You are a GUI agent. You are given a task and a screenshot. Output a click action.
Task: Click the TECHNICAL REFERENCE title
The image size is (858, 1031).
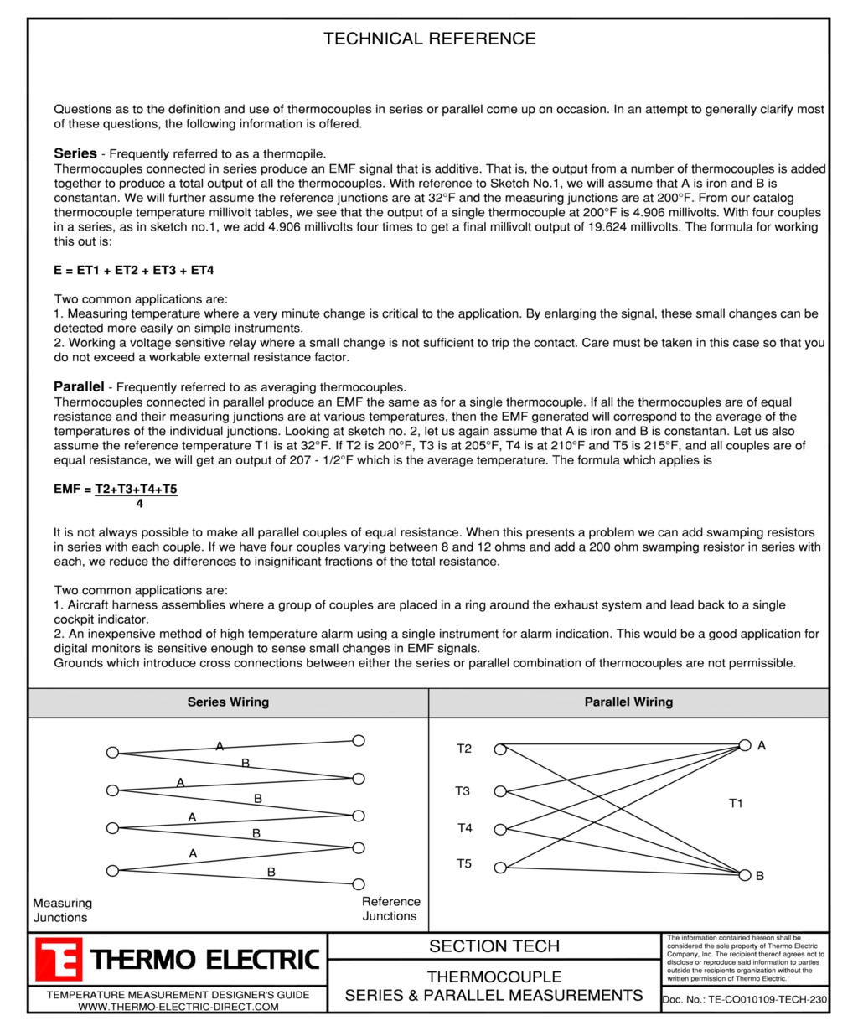(x=429, y=39)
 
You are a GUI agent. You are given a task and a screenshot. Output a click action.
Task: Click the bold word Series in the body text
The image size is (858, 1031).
(x=75, y=153)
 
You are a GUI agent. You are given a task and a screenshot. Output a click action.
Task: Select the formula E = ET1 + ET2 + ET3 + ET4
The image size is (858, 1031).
(x=134, y=270)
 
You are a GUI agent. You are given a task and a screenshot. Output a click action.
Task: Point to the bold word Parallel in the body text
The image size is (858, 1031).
(x=79, y=386)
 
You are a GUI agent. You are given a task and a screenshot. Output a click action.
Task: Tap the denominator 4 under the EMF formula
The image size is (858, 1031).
(x=139, y=504)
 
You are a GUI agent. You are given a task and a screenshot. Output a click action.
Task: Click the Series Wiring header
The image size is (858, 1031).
(x=228, y=702)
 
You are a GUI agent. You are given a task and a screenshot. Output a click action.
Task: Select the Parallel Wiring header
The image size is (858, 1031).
(x=628, y=702)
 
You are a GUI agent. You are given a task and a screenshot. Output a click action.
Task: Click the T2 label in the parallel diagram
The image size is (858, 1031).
(x=464, y=749)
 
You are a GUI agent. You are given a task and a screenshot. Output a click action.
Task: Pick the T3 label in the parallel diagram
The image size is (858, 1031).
(x=463, y=790)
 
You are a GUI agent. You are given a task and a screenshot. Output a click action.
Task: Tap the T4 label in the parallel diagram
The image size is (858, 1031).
(x=464, y=828)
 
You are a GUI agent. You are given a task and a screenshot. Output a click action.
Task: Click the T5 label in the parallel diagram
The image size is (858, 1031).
(x=464, y=864)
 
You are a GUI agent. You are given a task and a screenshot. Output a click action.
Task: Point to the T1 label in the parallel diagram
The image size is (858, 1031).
(x=736, y=804)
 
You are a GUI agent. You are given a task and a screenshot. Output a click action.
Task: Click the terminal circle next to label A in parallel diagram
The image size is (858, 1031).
(x=745, y=745)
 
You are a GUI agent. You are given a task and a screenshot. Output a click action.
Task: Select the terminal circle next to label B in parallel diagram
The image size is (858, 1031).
(x=745, y=875)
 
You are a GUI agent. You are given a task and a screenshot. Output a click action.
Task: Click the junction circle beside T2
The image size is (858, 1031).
(x=500, y=749)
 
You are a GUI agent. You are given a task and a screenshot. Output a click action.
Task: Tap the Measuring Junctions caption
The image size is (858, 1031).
(x=62, y=910)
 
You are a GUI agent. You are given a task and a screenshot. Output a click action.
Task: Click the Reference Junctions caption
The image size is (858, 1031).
(x=390, y=909)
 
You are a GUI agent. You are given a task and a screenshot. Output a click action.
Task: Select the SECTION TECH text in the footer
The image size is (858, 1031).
(x=494, y=946)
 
